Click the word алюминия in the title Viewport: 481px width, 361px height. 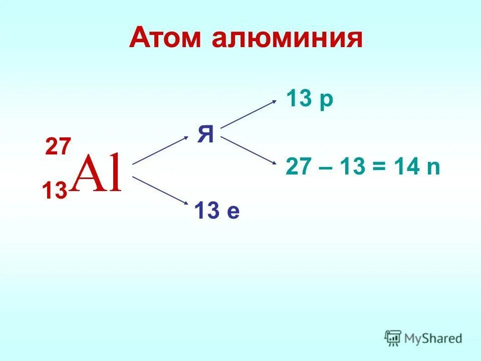coord(287,39)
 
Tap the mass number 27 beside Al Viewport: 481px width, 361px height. coord(59,147)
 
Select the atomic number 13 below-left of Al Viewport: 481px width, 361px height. coord(54,191)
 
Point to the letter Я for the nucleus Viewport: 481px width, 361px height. coord(206,134)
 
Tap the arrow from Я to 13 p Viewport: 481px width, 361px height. coord(249,113)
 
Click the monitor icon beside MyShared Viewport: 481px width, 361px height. coord(393,338)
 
